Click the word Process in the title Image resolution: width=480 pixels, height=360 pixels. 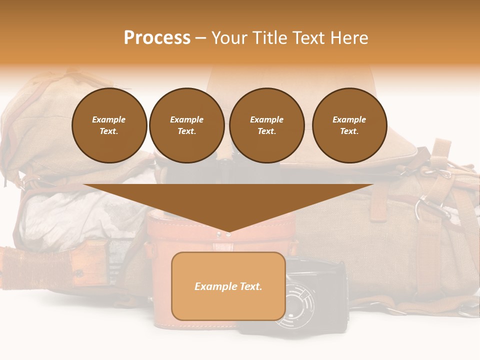(157, 38)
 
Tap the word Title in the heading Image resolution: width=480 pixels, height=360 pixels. (269, 38)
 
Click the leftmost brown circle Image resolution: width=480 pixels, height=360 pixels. (109, 125)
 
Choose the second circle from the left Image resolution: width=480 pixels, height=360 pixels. (187, 125)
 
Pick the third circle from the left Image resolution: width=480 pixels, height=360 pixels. (266, 125)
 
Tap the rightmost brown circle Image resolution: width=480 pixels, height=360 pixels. (349, 125)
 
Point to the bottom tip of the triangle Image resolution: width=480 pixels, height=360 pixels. (228, 232)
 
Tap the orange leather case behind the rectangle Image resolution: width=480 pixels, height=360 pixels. (160, 240)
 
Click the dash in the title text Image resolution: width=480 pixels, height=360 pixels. (200, 38)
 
